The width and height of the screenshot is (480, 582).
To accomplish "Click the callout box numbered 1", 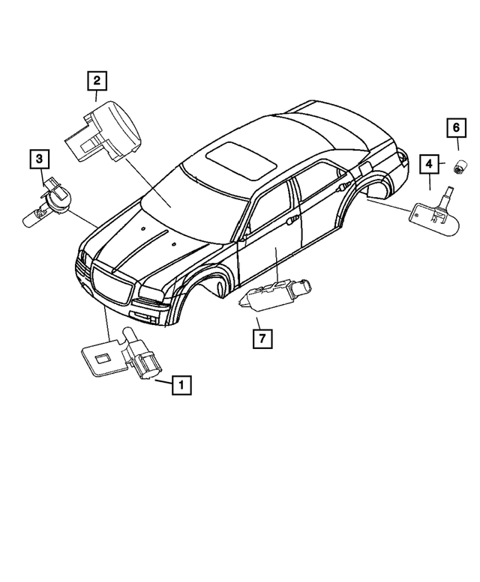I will coord(181,385).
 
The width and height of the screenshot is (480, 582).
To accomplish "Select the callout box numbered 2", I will coord(97,79).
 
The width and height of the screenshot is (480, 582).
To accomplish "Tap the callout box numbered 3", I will coord(40,158).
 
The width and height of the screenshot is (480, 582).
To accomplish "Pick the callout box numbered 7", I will coord(262,339).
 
